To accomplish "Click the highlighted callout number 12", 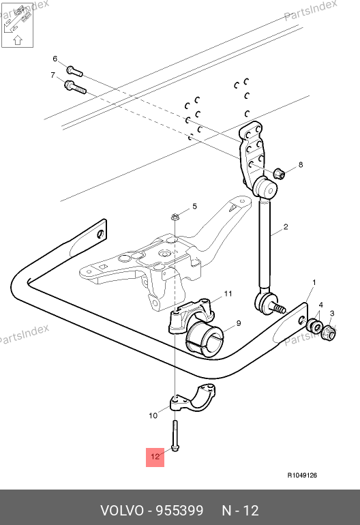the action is click(155, 456).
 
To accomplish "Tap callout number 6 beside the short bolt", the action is click(55, 59).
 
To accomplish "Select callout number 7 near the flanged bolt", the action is click(52, 75).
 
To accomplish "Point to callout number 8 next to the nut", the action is click(301, 164).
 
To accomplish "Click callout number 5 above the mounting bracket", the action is click(194, 206).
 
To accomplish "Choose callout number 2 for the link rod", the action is click(285, 226).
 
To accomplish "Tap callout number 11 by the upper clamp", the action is click(228, 294).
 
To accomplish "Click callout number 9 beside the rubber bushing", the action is click(239, 323).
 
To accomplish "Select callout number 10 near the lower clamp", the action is click(153, 415).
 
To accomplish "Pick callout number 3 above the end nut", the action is click(332, 314).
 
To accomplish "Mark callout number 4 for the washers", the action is click(321, 305).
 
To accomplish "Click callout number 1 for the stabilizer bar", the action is click(314, 282).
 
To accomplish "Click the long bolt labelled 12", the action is click(175, 436).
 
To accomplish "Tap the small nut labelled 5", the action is click(174, 217).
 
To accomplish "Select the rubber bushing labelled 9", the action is click(204, 339).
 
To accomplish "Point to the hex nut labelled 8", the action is click(280, 173).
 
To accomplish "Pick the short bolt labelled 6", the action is click(74, 71).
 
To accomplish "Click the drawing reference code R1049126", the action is click(302, 475).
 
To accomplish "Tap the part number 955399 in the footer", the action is click(180, 511).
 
